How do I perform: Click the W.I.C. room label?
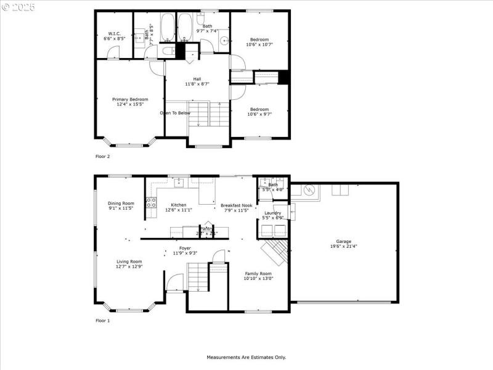(x=114, y=36)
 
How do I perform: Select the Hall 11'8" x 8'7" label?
(x=197, y=81)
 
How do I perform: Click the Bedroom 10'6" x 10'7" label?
(x=259, y=42)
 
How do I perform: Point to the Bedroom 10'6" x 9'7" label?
(x=259, y=112)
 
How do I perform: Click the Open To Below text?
(x=175, y=113)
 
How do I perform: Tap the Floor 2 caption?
(x=102, y=157)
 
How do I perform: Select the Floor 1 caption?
(x=102, y=321)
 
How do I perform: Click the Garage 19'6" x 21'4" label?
(x=343, y=244)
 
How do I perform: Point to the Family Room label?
(x=259, y=276)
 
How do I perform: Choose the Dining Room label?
(x=121, y=206)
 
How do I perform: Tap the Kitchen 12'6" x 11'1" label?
(x=179, y=207)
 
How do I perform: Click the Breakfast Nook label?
(x=236, y=207)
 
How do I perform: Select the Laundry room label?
(x=272, y=215)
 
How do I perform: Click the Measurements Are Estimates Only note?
(x=246, y=357)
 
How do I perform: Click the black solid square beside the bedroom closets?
(x=283, y=78)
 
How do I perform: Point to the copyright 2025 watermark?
(x=18, y=7)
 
